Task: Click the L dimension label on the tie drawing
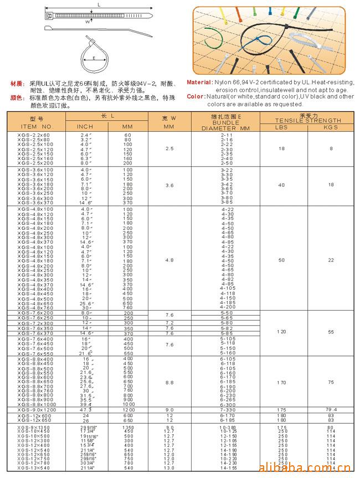click(99, 4)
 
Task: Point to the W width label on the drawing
click(88, 22)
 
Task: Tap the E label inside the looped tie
click(95, 57)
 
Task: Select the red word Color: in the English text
click(196, 96)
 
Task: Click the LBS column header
click(281, 127)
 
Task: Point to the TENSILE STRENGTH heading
click(308, 120)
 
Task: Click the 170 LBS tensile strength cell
click(282, 382)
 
